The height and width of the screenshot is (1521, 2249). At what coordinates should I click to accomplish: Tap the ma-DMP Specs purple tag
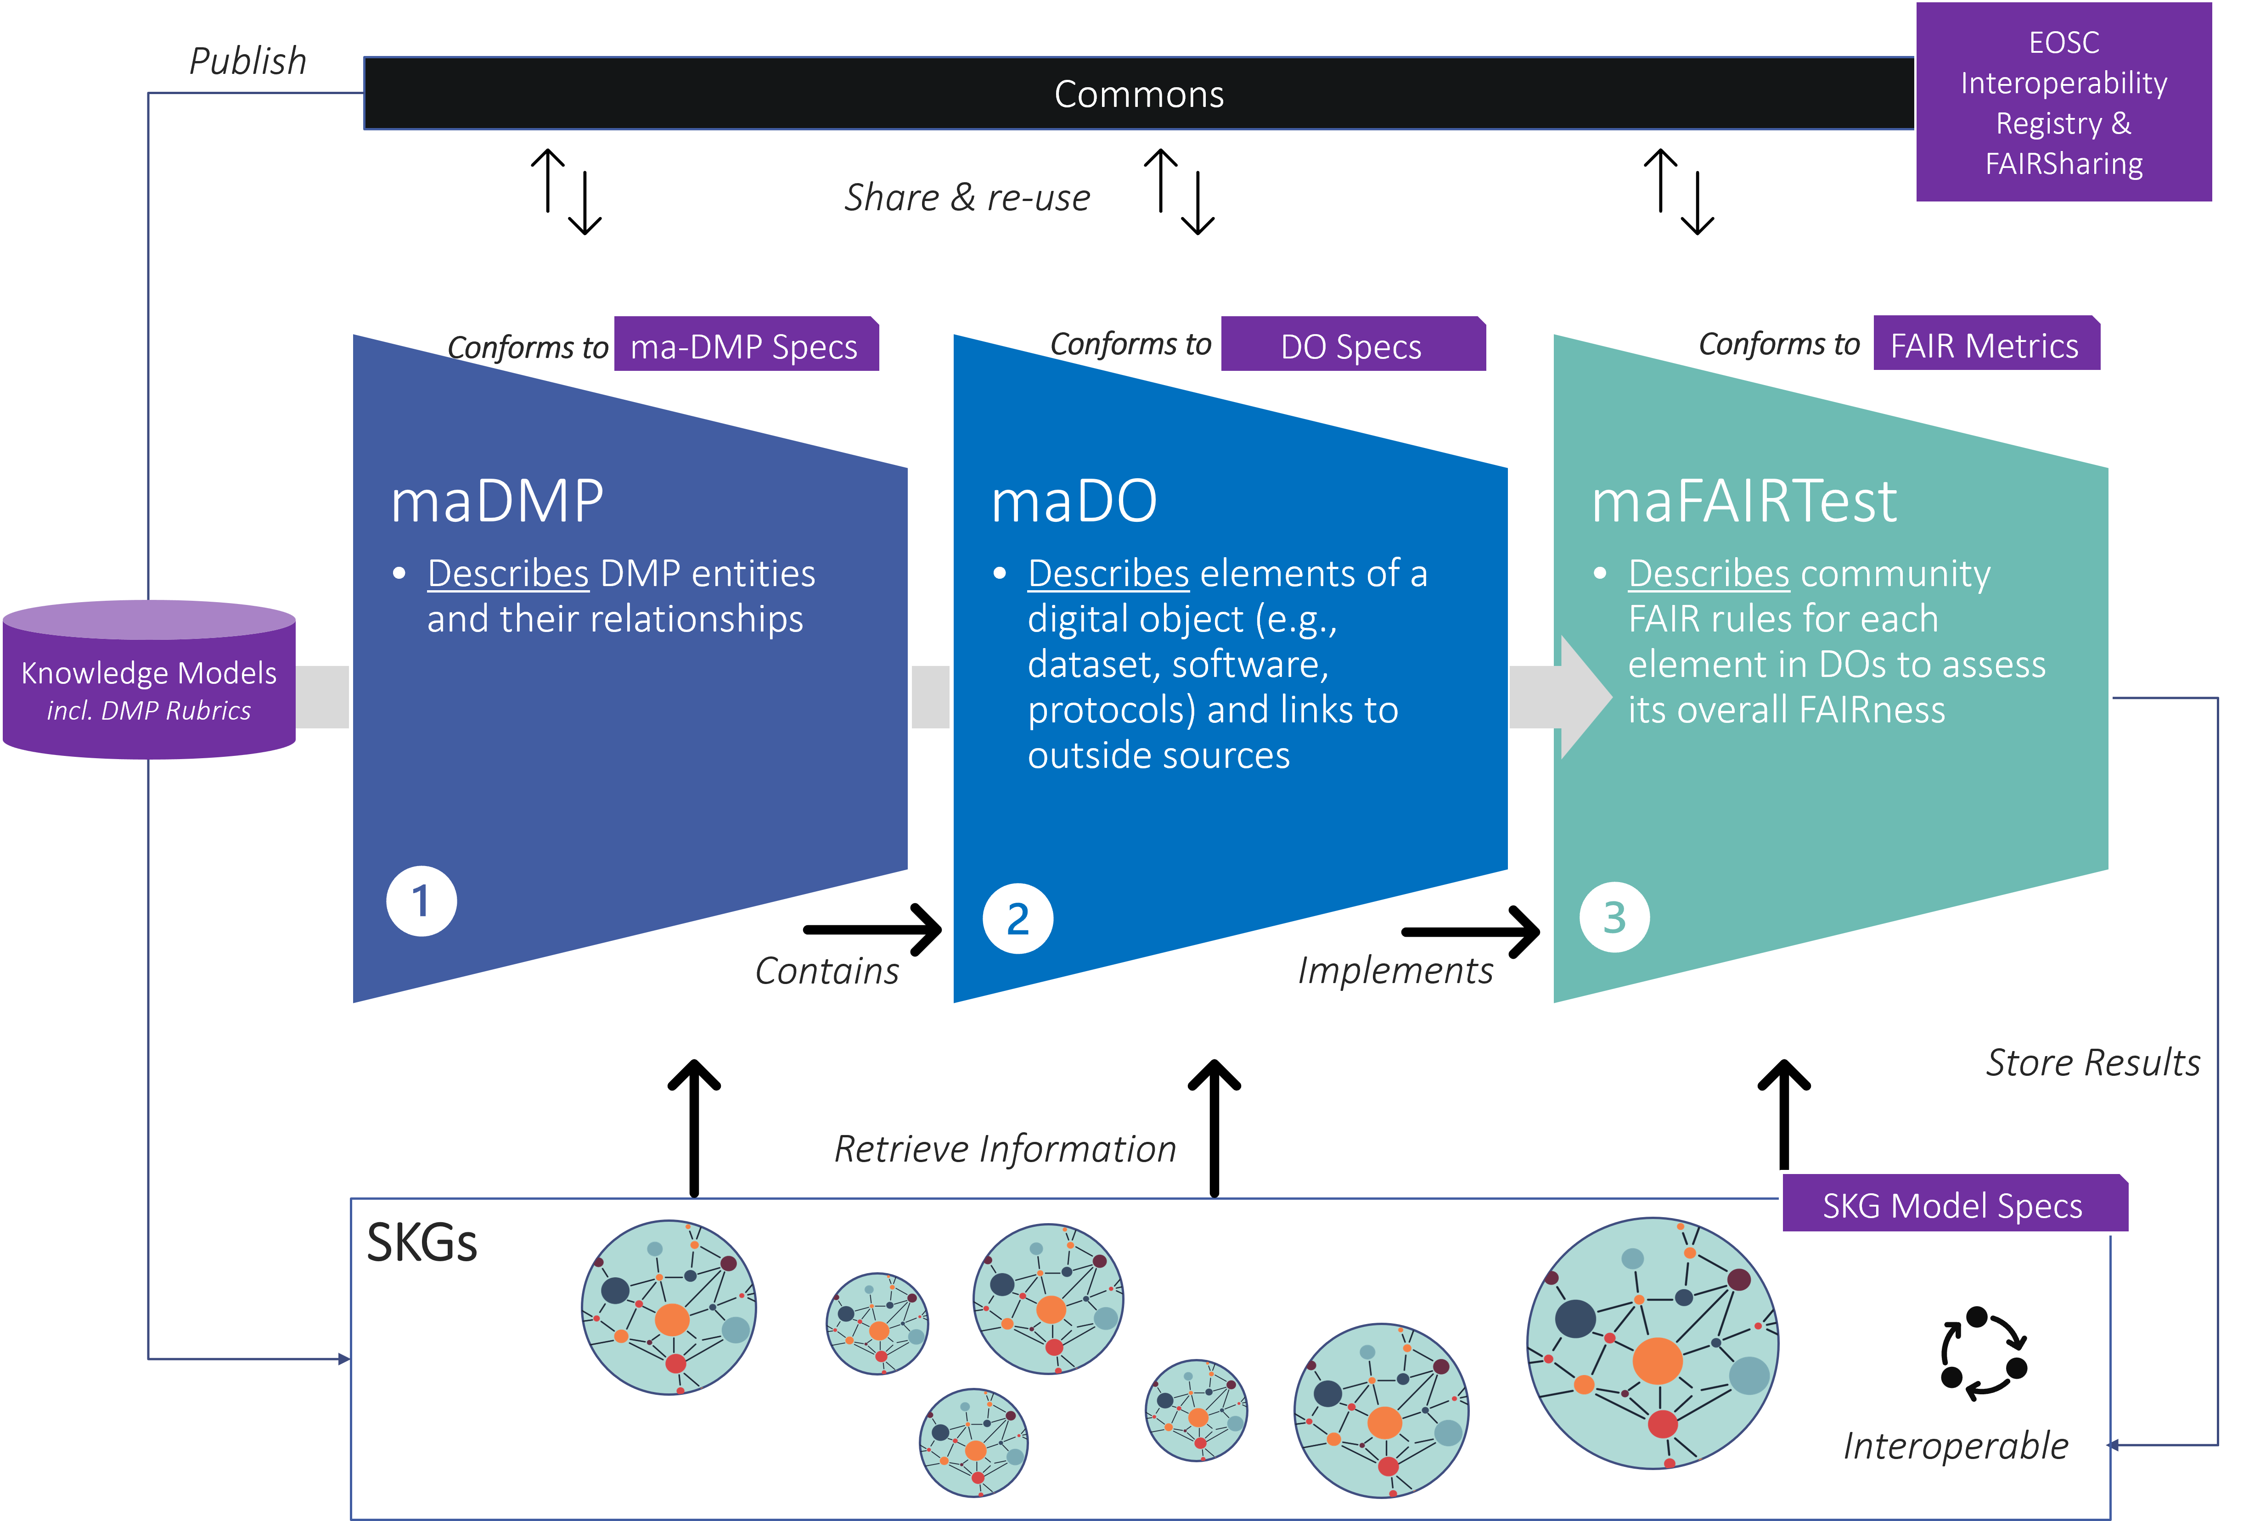pyautogui.click(x=744, y=346)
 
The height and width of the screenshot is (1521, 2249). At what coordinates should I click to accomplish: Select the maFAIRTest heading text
pyautogui.click(x=1744, y=501)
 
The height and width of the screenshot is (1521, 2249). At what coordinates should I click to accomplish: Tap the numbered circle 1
pyautogui.click(x=421, y=901)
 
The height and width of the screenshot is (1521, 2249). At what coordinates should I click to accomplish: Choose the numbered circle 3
pyautogui.click(x=1614, y=917)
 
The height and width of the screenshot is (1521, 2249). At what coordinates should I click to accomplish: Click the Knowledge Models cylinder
pyautogui.click(x=149, y=682)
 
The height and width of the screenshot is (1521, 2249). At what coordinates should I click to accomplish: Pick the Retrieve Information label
pyautogui.click(x=1005, y=1148)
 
